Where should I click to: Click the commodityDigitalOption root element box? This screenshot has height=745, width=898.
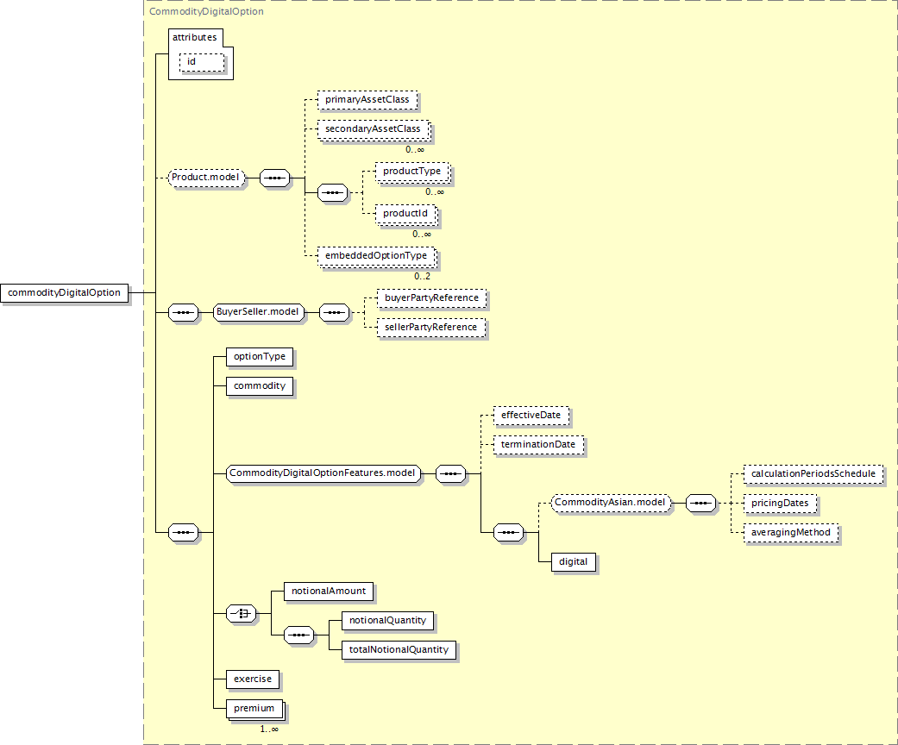click(65, 293)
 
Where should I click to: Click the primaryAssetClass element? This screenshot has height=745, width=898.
click(367, 100)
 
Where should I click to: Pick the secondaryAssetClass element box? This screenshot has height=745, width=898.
click(374, 129)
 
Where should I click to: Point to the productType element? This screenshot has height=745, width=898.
click(411, 172)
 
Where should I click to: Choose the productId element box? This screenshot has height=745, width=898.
click(405, 213)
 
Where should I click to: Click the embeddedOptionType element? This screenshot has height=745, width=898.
click(377, 256)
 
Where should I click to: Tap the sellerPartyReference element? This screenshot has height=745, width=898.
click(430, 328)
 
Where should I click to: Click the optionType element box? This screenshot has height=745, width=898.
click(259, 356)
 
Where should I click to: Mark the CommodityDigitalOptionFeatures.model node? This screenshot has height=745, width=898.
click(323, 473)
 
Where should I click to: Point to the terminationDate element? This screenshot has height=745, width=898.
click(538, 445)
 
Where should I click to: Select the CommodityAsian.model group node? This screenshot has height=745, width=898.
click(611, 503)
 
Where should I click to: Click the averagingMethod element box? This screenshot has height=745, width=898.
click(791, 533)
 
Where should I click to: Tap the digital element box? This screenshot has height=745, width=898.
click(573, 562)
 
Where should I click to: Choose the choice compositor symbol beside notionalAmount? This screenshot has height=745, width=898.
click(241, 614)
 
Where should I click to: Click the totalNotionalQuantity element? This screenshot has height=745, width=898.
click(399, 650)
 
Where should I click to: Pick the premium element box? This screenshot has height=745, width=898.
click(254, 709)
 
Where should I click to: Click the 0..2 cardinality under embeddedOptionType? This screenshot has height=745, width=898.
click(422, 276)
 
